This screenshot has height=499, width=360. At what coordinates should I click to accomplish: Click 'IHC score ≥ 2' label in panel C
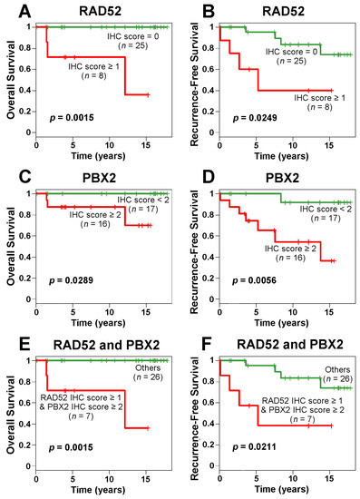101,214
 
